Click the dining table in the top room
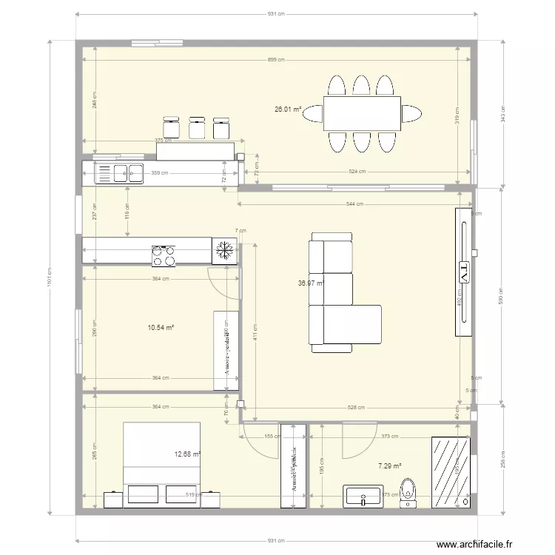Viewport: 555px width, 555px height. (362, 113)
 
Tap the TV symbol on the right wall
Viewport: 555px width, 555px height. (465, 272)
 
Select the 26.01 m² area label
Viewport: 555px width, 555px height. (288, 110)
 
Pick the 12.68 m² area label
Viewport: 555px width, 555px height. (187, 454)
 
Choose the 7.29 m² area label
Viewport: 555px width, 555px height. (389, 466)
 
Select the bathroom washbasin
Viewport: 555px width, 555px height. (363, 497)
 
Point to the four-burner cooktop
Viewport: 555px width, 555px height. (164, 255)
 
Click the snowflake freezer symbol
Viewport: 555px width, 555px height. (223, 252)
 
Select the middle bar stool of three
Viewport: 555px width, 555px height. (197, 127)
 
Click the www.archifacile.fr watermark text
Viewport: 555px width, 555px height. (474, 544)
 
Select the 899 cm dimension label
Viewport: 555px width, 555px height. (275, 60)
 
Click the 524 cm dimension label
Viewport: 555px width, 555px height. (357, 172)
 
